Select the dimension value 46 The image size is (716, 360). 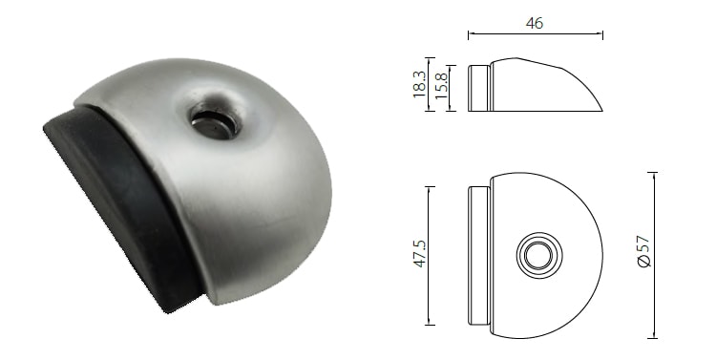(x=534, y=23)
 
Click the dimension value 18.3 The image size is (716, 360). (x=419, y=83)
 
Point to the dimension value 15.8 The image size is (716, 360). (x=441, y=87)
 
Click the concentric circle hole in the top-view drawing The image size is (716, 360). (x=536, y=255)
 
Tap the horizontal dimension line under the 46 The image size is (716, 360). (x=535, y=35)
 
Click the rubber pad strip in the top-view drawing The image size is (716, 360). (x=479, y=255)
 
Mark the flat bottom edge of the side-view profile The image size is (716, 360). (x=544, y=111)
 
